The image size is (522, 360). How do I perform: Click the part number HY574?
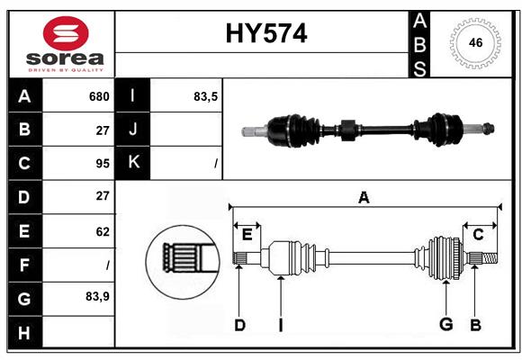click(x=265, y=34)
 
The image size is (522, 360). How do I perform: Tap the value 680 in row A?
click(x=99, y=96)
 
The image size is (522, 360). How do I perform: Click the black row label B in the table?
click(x=24, y=130)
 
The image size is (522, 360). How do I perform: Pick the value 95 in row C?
click(x=102, y=164)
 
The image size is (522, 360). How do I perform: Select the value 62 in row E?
click(x=102, y=231)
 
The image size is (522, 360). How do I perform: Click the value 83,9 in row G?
click(x=97, y=296)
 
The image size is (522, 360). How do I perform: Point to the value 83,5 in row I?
click(x=206, y=96)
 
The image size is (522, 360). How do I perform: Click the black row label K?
click(x=133, y=163)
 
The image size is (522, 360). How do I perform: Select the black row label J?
click(x=133, y=130)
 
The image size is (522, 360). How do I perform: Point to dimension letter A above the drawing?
click(x=364, y=197)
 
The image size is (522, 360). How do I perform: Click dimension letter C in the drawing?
click(x=478, y=234)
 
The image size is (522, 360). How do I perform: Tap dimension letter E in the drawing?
click(x=247, y=235)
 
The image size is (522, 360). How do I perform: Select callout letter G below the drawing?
click(x=445, y=325)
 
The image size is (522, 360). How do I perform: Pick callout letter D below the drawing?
click(x=239, y=325)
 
